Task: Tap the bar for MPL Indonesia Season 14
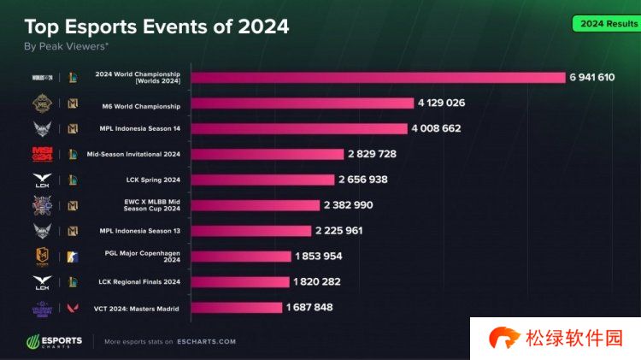coord(299,128)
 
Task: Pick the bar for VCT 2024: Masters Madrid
coord(236,307)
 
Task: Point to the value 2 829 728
coord(372,154)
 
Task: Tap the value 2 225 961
coord(339,231)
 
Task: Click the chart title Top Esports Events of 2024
coord(156,27)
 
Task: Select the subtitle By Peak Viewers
coord(66,46)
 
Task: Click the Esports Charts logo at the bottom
coord(54,341)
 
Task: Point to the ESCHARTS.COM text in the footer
coord(207,342)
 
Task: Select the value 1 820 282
coord(317,281)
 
